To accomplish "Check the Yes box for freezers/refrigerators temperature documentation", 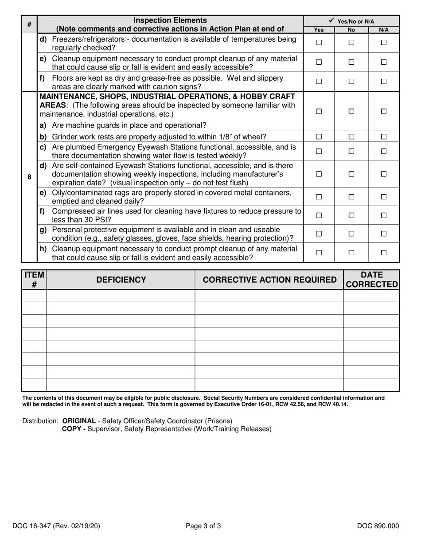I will (x=319, y=43).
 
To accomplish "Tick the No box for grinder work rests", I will (x=351, y=137).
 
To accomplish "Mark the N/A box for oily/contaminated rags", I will (x=384, y=197).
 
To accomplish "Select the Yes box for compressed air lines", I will (x=319, y=215).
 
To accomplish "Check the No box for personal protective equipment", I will (x=351, y=234).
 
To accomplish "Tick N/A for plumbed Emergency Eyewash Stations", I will (x=384, y=151).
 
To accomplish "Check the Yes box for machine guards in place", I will (x=319, y=112).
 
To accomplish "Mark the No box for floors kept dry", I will (x=351, y=82).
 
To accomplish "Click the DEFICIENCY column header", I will (x=121, y=280).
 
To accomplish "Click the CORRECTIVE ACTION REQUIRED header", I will (x=269, y=280).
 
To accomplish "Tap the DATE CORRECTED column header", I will (x=371, y=280).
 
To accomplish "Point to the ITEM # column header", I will (x=34, y=280).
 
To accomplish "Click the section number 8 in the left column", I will (x=29, y=177).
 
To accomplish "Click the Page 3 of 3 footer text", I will (x=203, y=526).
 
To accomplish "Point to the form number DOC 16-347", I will (x=56, y=526).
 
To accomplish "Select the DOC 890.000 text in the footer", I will (x=378, y=526).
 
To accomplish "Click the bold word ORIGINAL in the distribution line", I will (x=79, y=420).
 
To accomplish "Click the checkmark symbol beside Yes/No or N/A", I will (x=331, y=20).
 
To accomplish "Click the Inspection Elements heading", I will (x=170, y=20).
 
